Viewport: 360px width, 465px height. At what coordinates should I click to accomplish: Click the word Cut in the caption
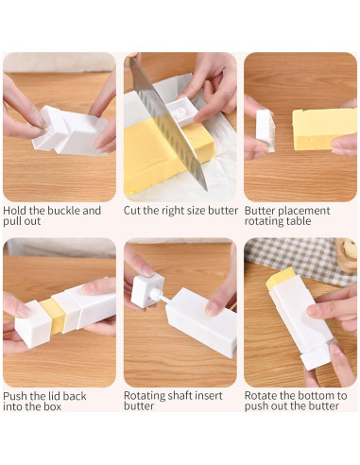[132, 211]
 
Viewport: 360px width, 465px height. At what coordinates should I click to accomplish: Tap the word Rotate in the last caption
[260, 396]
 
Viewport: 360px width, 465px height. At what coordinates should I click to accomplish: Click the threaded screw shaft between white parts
[159, 296]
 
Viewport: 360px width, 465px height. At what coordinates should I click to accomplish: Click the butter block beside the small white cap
[324, 129]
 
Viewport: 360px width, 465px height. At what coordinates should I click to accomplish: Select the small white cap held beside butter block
[265, 130]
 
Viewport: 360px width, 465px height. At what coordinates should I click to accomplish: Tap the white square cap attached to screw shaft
[146, 290]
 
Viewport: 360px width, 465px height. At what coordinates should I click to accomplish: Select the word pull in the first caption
[11, 221]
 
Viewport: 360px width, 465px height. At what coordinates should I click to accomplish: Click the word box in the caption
[52, 406]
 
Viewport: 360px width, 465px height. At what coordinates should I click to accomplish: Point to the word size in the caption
[197, 211]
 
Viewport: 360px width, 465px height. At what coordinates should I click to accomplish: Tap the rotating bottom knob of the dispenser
[316, 357]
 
